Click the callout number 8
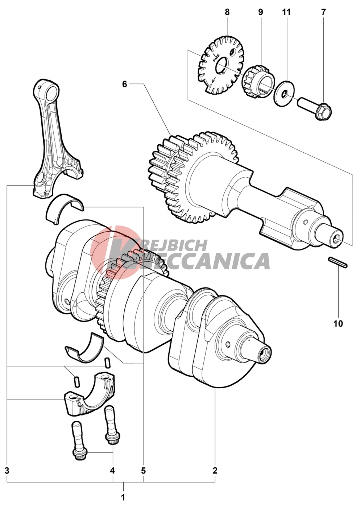(x=227, y=12)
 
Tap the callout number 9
(x=261, y=12)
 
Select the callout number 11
(x=286, y=12)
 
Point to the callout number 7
(x=323, y=12)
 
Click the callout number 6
(x=125, y=84)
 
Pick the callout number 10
(x=338, y=324)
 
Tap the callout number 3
(x=7, y=471)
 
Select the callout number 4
(x=112, y=471)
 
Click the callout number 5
(x=143, y=471)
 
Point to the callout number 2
(x=215, y=471)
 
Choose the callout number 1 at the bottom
(x=123, y=497)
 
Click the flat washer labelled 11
(x=284, y=93)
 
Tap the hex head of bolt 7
(x=324, y=111)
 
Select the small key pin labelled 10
(x=338, y=262)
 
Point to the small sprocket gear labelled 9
(x=258, y=81)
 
